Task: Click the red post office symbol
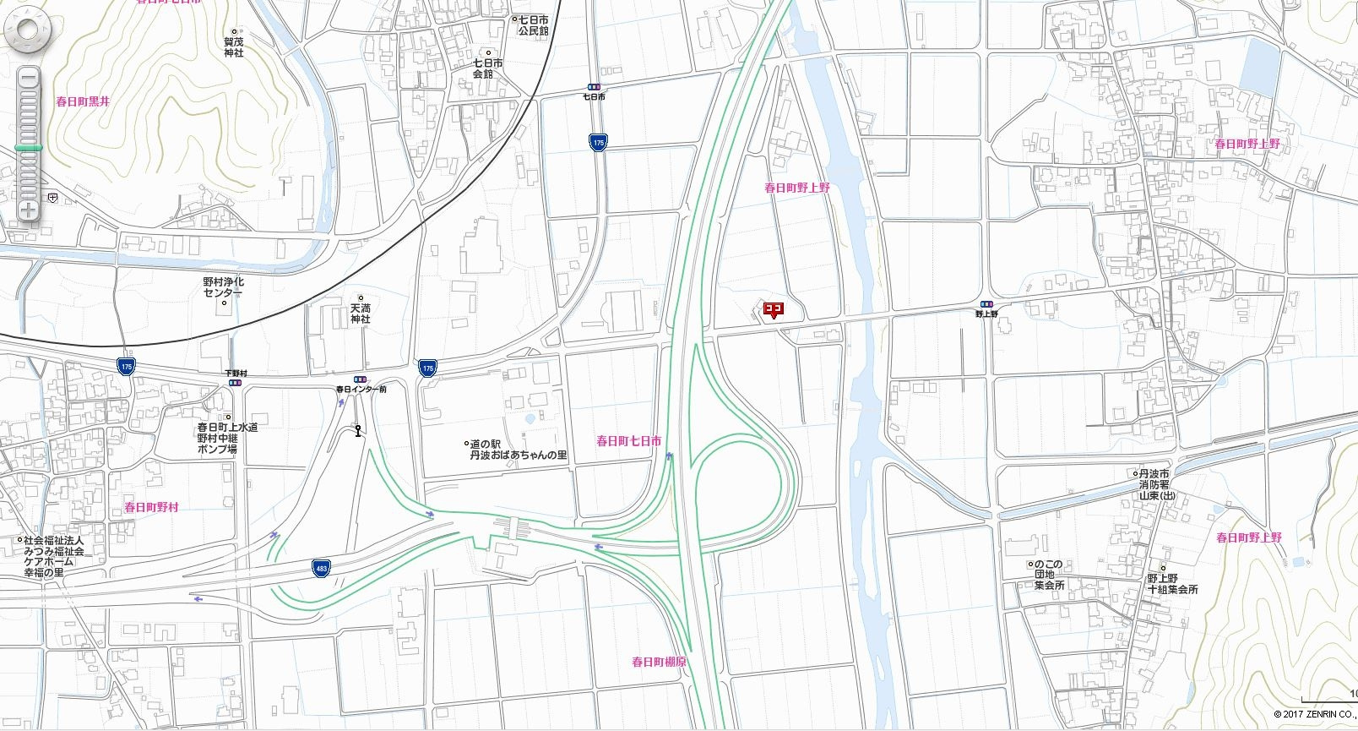(774, 310)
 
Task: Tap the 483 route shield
(320, 567)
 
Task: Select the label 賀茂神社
(234, 46)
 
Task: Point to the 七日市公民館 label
(533, 25)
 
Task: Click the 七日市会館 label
(488, 68)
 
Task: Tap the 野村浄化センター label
(223, 287)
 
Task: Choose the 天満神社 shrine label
(361, 314)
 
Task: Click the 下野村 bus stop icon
(235, 382)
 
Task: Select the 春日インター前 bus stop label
(361, 390)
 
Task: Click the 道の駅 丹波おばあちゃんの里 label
(519, 450)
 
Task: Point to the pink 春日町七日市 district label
(628, 441)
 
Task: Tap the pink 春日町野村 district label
(152, 507)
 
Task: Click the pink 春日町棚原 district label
(659, 663)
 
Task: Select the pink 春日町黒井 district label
(83, 101)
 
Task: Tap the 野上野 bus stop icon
(986, 304)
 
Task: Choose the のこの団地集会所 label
(1049, 575)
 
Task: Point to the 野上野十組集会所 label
(1172, 584)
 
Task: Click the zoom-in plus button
(28, 210)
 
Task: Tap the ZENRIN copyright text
(1314, 715)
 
